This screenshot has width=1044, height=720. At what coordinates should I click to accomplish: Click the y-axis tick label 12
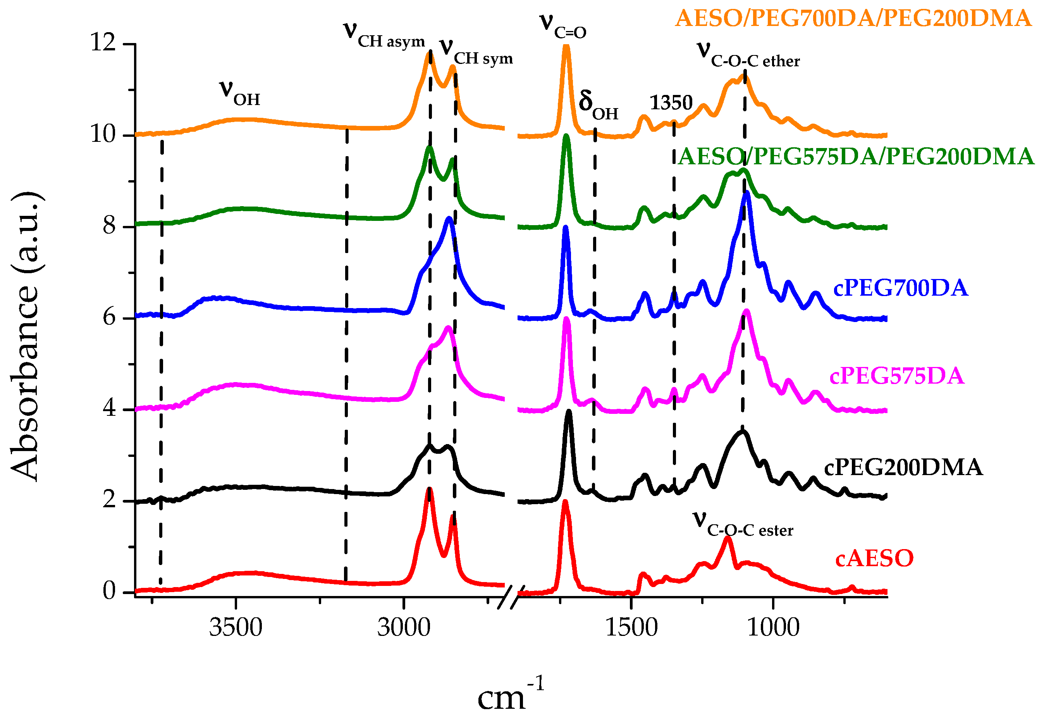(103, 43)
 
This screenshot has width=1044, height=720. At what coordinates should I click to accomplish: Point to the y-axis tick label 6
(110, 318)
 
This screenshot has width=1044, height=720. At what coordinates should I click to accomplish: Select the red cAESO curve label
(874, 558)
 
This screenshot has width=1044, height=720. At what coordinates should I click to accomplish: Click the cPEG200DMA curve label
(903, 468)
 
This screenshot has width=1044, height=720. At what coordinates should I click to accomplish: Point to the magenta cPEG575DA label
(896, 376)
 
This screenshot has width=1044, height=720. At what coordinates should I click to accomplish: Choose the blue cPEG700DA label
(900, 288)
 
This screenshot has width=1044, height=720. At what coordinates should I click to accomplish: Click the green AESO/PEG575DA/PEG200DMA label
(856, 157)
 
